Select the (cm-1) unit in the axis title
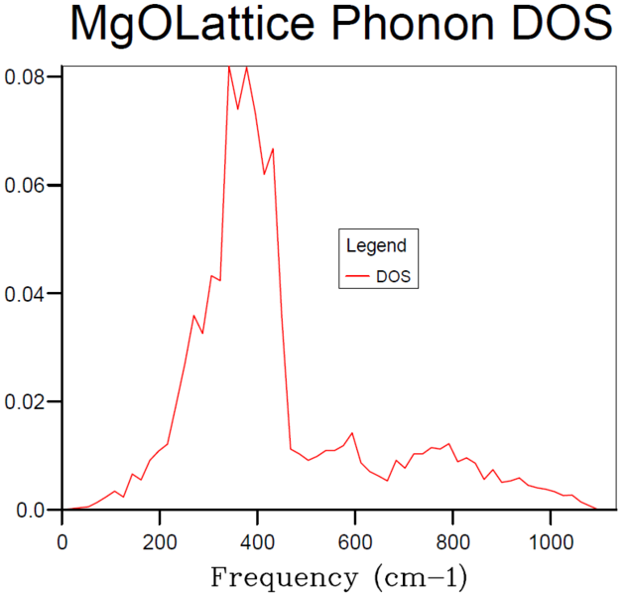click(416, 576)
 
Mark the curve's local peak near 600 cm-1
click(352, 433)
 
